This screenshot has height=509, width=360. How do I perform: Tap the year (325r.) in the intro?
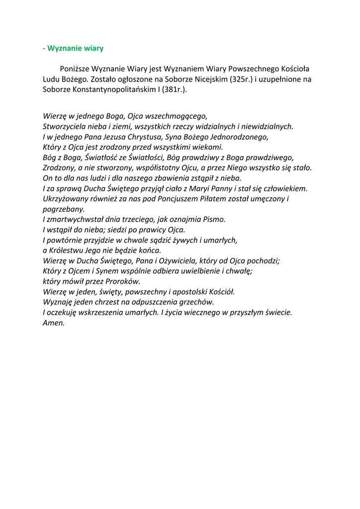(x=243, y=79)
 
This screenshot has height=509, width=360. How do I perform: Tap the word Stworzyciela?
(x=64, y=126)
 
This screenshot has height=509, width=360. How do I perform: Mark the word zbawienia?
(x=186, y=178)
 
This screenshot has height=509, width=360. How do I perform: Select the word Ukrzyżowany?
(x=64, y=198)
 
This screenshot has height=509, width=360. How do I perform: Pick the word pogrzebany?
(x=64, y=209)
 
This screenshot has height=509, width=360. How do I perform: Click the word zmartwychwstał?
(x=73, y=219)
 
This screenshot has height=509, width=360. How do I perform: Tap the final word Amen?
(x=54, y=322)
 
